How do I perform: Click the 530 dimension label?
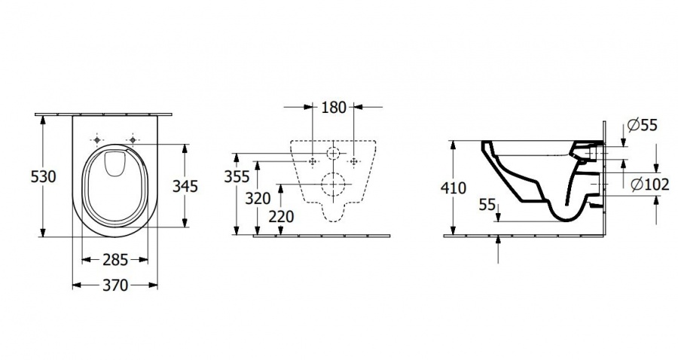[x=44, y=177]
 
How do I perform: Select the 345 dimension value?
[x=185, y=186]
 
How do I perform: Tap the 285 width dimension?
[x=115, y=260]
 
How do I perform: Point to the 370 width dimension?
[x=115, y=285]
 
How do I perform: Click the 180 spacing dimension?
[x=334, y=107]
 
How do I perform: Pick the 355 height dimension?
[x=237, y=176]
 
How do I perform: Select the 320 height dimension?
[x=258, y=198]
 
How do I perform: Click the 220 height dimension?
[x=281, y=216]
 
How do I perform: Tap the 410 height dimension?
[x=454, y=188]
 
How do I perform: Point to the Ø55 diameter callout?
[x=642, y=125]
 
